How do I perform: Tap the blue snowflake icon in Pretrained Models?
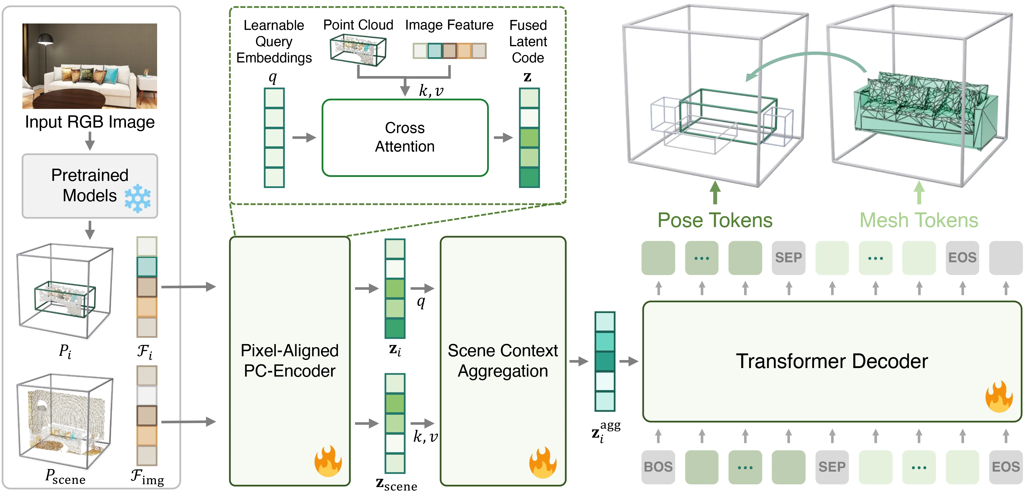(137, 198)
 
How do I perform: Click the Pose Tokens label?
(715, 220)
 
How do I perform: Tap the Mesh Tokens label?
(918, 220)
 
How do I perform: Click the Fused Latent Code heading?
(528, 41)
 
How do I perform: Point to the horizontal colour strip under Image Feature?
(449, 51)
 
